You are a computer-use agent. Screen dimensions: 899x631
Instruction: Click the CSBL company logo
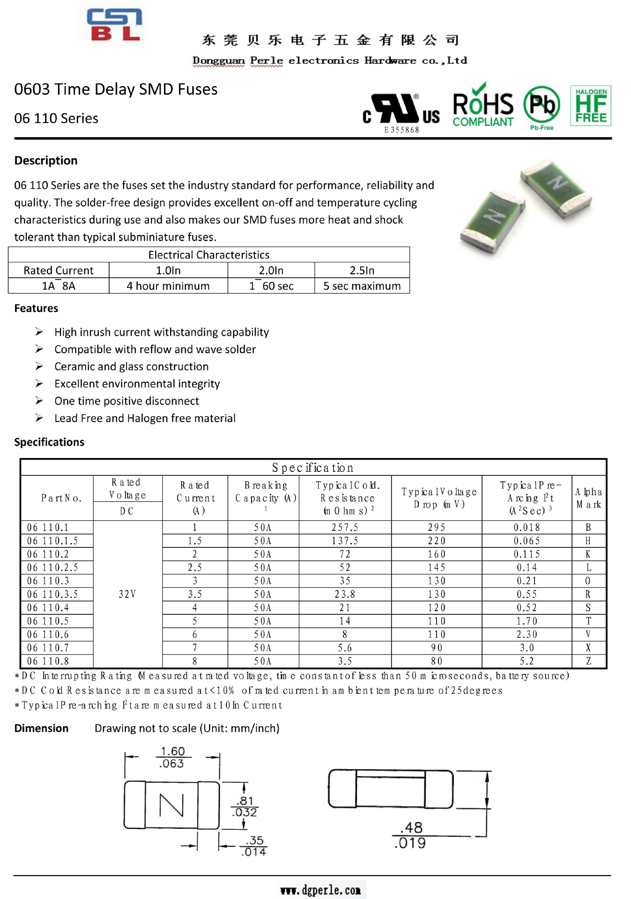(114, 25)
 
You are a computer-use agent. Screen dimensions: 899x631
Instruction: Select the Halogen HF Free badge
(590, 105)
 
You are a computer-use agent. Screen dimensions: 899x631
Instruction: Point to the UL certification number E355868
(401, 130)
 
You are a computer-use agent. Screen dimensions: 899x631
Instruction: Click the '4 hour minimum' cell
(168, 286)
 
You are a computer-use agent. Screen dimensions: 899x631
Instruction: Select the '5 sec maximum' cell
(362, 286)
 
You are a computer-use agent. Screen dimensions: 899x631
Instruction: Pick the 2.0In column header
(271, 271)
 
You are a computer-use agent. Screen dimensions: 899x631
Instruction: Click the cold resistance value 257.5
(345, 528)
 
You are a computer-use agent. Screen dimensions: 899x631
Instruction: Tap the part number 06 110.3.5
(52, 595)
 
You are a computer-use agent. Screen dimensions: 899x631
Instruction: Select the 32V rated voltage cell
(127, 595)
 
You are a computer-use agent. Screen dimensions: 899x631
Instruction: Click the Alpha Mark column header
(588, 498)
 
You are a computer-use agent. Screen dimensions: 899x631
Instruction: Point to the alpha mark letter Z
(588, 662)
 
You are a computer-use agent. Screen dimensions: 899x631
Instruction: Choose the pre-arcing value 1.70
(527, 621)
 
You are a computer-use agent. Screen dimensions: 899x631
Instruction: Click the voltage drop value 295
(436, 528)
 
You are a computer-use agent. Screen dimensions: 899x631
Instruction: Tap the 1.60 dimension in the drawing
(173, 752)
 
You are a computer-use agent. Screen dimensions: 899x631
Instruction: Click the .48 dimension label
(412, 828)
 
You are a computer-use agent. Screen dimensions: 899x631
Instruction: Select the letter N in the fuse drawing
(171, 805)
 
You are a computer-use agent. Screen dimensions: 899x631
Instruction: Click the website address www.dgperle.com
(320, 890)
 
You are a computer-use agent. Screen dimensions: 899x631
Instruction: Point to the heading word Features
(36, 309)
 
